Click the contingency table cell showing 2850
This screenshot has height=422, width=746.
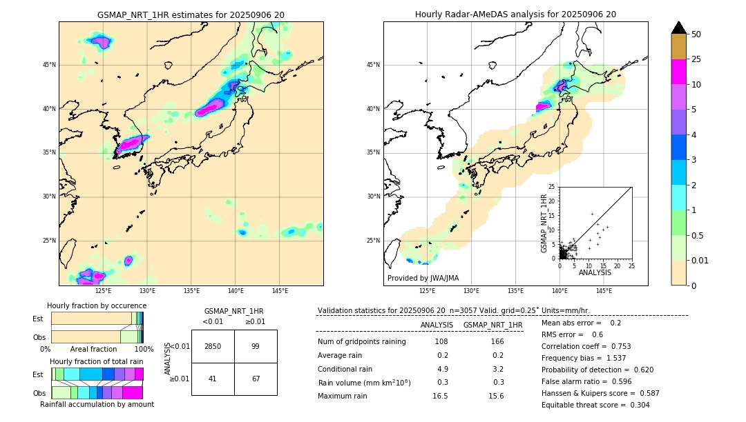pos(213,346)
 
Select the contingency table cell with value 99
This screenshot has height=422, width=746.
pos(256,346)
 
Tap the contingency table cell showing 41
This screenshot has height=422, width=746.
pos(213,379)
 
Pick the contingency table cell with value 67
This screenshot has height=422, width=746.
pos(256,379)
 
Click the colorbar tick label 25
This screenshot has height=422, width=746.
pos(696,59)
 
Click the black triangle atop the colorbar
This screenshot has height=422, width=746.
pos(679,28)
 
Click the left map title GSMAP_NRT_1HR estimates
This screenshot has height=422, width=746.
pos(191,14)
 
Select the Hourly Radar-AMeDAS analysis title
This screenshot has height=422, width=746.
pos(515,14)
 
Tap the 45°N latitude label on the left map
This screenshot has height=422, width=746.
pos(49,65)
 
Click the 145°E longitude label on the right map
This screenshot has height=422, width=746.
pos(604,291)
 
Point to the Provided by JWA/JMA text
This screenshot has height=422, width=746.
pos(423,278)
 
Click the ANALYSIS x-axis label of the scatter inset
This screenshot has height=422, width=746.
pos(595,272)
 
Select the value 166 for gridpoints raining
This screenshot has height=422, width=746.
pos(497,341)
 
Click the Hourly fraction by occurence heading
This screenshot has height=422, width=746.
pos(97,305)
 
